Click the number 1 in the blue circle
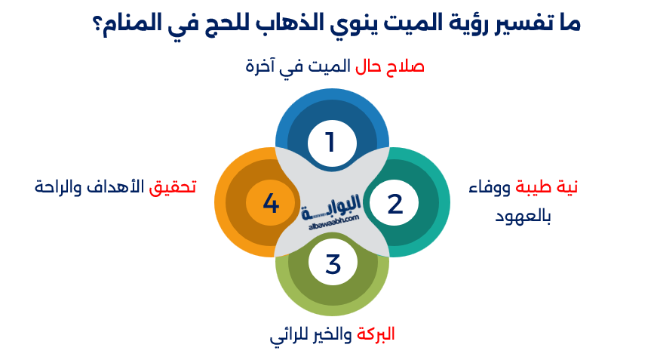330,142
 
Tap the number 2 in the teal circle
395,204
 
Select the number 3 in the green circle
333,265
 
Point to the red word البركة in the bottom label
375,334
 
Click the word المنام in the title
123,23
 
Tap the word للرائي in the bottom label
287,334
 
